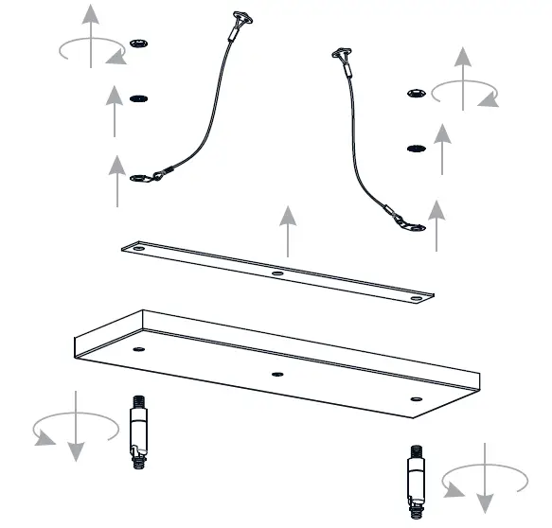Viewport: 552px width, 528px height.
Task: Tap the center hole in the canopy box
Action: click(x=277, y=374)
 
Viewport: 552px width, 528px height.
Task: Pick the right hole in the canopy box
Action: click(x=414, y=399)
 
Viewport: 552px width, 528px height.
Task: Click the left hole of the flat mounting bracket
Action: click(x=138, y=249)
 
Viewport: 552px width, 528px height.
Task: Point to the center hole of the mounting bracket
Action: click(x=277, y=274)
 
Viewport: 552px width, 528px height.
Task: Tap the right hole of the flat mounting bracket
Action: click(x=416, y=300)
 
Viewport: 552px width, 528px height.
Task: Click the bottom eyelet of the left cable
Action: click(x=141, y=177)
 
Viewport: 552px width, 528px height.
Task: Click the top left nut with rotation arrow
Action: click(x=140, y=43)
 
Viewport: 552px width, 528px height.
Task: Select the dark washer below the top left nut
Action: click(x=140, y=97)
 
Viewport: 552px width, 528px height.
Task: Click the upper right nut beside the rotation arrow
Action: click(x=416, y=92)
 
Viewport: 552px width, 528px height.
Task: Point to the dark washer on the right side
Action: click(x=415, y=149)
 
